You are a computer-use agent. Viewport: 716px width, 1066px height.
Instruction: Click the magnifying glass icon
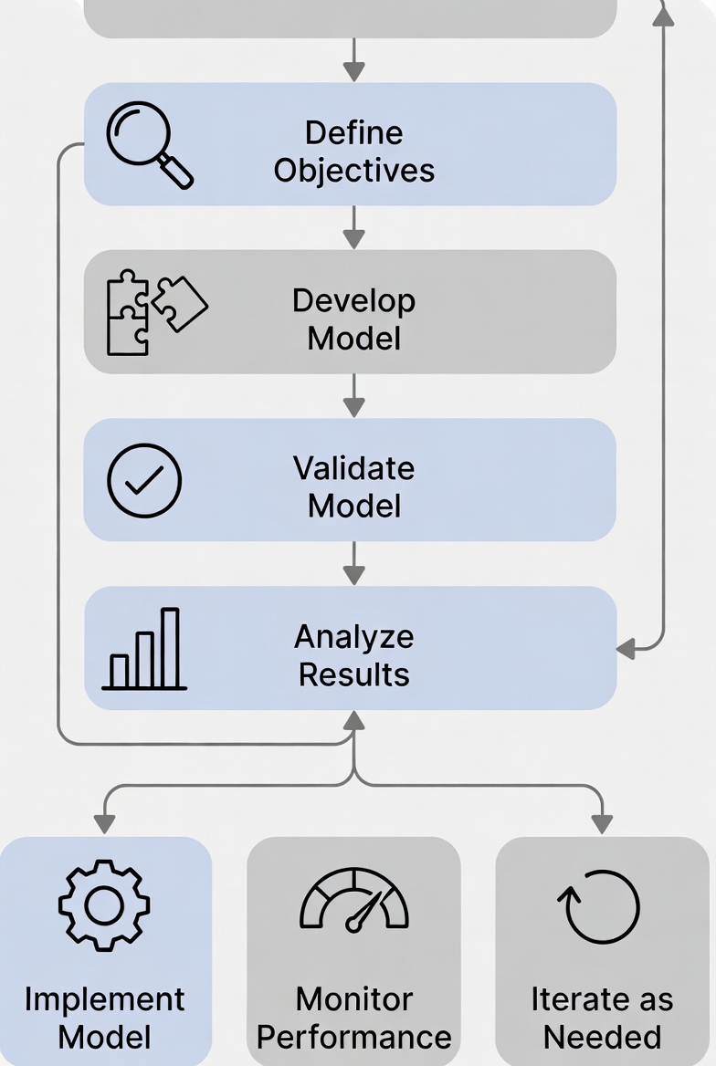[x=146, y=143]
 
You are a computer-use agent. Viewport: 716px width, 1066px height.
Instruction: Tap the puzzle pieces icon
[x=153, y=311]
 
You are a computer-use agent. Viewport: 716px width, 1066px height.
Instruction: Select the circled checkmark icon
[x=144, y=481]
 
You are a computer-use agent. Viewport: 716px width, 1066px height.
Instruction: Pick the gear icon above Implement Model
[x=104, y=905]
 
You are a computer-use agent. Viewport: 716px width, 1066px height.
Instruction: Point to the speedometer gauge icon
[x=354, y=902]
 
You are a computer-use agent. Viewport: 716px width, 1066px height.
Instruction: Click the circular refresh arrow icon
[x=600, y=906]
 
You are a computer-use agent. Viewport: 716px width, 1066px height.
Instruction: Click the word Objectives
[x=354, y=171]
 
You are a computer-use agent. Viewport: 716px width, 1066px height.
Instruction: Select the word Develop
[x=354, y=300]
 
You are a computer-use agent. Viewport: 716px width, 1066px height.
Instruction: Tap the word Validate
[x=354, y=468]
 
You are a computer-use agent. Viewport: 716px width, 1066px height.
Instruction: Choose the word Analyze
[x=354, y=636]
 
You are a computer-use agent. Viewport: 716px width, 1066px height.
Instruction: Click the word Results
[x=354, y=674]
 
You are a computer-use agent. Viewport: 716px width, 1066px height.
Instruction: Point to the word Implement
[x=104, y=998]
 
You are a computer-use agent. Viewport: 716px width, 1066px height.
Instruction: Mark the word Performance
[x=354, y=1037]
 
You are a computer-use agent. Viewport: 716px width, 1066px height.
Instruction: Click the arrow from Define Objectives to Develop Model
[x=353, y=227]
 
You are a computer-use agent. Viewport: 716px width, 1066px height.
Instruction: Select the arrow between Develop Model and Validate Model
[x=353, y=396]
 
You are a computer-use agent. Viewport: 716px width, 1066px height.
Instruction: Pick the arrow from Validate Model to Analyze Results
[x=353, y=564]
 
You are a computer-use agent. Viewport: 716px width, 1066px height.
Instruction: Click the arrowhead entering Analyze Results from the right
[x=626, y=649]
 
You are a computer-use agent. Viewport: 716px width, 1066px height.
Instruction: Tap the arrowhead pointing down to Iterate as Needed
[x=601, y=823]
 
